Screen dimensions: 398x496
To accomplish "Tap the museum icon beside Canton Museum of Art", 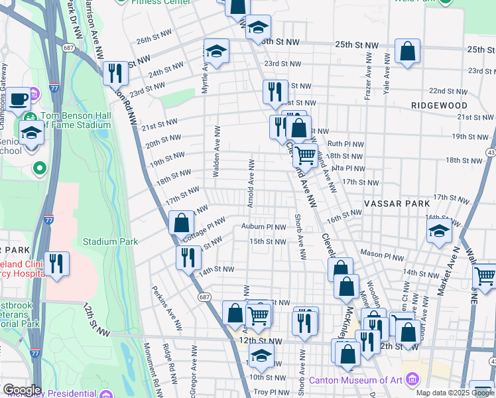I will (x=412, y=380).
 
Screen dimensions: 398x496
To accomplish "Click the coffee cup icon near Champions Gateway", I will (x=20, y=99).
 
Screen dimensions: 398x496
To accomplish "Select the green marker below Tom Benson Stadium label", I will (x=39, y=168).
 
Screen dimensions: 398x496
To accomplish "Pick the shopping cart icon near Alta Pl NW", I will (x=305, y=156).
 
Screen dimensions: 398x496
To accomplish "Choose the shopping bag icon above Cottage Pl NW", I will (x=181, y=222).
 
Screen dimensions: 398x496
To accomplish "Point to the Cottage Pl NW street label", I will (x=204, y=228).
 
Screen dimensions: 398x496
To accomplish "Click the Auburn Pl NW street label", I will (x=263, y=226).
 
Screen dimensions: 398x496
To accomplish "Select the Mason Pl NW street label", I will (x=382, y=255).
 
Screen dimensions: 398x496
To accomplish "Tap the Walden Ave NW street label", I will (x=216, y=151).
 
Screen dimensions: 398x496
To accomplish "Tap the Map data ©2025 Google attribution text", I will (x=454, y=393).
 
